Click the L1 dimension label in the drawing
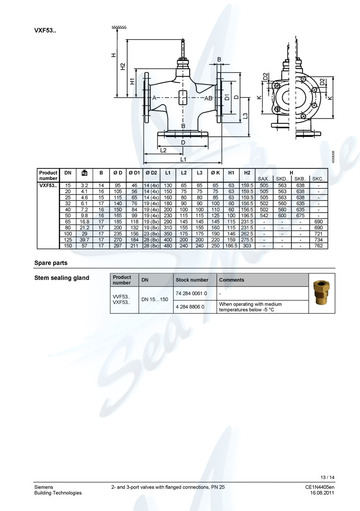[183, 159]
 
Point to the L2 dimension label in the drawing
[163, 150]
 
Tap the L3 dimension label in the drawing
[245, 116]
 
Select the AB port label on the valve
[209, 98]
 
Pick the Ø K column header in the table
[216, 172]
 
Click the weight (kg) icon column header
[84, 173]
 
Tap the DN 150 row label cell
[68, 246]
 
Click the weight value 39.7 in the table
[84, 239]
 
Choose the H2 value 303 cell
[247, 246]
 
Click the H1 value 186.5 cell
[231, 246]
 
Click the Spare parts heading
[51, 263]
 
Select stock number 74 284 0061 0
[192, 293]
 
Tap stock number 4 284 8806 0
[190, 306]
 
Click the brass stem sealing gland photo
[322, 293]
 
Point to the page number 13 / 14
[327, 477]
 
